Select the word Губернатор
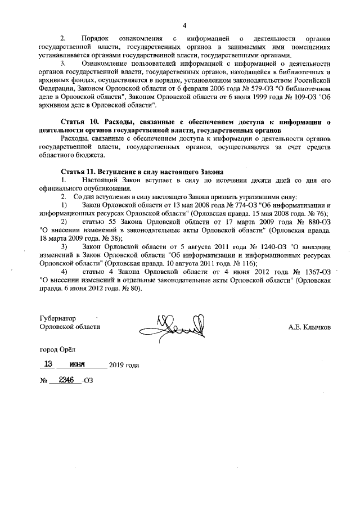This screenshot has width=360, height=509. point(57,318)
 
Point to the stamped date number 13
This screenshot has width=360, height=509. point(48,364)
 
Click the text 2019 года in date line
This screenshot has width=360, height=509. point(124,365)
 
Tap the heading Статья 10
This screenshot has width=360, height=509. point(78,121)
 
